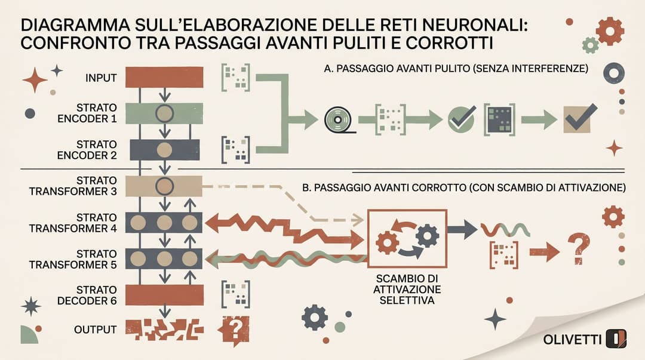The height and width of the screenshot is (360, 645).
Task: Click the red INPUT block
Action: pos(164,78)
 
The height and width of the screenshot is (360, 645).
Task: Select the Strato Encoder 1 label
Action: pos(87,113)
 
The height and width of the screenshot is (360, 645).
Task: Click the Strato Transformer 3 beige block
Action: pos(164,186)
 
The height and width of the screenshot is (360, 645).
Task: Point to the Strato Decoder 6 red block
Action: pos(164,295)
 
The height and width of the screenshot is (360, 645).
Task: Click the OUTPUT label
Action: pos(96,330)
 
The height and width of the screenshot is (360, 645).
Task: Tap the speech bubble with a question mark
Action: pos(234,330)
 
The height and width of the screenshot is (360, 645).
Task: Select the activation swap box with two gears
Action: pos(407,239)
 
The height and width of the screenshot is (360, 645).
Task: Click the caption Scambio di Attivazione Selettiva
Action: pos(407,289)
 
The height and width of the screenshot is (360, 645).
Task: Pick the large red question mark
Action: pos(579,249)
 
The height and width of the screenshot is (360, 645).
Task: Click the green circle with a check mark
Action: pos(461,120)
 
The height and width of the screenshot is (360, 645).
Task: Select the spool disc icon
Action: pos(338,120)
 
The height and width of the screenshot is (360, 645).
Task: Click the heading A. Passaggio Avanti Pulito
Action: pos(456,68)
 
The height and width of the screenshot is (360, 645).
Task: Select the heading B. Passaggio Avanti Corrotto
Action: pos(464,187)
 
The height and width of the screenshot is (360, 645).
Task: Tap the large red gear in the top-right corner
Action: pos(610,31)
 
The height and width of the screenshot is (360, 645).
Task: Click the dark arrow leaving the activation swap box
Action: pos(462,229)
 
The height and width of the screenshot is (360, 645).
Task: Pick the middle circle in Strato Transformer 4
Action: pos(164,223)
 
